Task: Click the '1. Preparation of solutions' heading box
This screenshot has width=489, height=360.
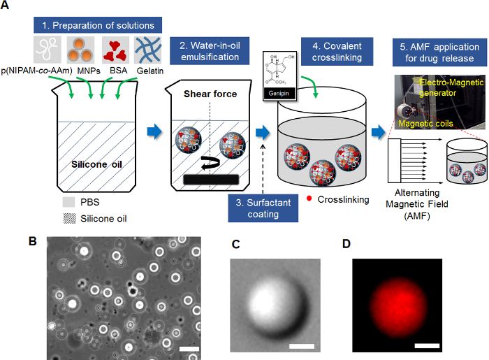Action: [x=98, y=25]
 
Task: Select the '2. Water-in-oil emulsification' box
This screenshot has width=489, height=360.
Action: [x=210, y=51]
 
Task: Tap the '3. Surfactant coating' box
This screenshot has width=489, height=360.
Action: [x=263, y=208]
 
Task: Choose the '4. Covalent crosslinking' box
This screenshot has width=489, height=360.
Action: [x=337, y=52]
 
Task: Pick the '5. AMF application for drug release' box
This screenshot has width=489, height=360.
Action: [x=439, y=52]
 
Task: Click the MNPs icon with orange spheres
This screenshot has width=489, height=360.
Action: [x=80, y=50]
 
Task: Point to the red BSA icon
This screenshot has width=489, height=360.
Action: [x=115, y=50]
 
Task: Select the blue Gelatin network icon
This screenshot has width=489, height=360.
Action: [x=148, y=50]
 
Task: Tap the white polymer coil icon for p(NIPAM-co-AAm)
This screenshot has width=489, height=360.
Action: [x=48, y=50]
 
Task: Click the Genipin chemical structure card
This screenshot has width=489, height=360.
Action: [x=279, y=76]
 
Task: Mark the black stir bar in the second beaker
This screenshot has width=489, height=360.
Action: [x=211, y=180]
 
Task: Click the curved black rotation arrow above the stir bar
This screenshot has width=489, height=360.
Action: [x=210, y=163]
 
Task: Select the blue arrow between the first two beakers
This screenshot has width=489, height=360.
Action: [x=154, y=131]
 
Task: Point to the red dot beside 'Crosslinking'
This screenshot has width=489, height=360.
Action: [x=309, y=199]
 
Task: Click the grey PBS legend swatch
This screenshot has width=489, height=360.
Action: [x=68, y=202]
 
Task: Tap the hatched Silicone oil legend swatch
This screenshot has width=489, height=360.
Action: [x=70, y=218]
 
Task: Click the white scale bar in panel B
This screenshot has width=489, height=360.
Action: [x=189, y=349]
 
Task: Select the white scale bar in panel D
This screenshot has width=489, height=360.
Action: [x=427, y=345]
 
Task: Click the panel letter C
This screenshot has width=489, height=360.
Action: [x=236, y=244]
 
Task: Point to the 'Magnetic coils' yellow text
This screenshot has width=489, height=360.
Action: [x=425, y=124]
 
